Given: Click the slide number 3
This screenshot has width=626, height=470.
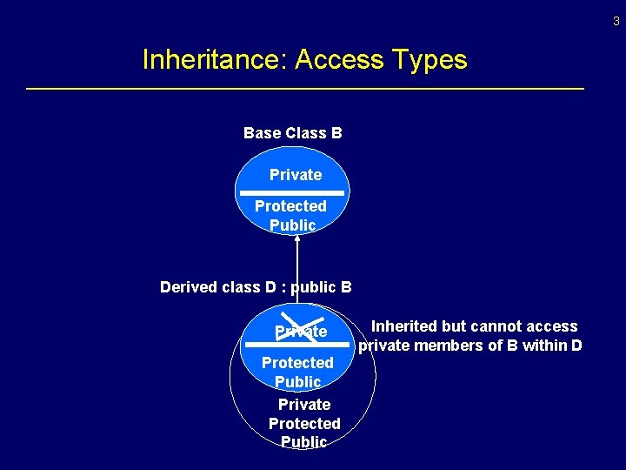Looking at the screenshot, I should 616,22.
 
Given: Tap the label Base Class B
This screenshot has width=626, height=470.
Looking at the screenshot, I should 292,133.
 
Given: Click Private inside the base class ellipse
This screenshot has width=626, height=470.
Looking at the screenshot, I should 296,175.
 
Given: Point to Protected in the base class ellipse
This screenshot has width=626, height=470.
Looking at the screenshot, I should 290,206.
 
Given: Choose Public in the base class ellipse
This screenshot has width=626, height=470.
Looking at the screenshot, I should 293,225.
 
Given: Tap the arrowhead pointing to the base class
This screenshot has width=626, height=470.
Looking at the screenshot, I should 297,239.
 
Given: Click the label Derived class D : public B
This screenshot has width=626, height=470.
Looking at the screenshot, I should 256,286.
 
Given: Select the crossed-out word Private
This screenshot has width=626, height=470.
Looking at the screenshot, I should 301,331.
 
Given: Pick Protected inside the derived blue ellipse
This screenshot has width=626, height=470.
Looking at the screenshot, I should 297,362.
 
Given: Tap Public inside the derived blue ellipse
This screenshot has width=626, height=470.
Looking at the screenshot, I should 297,381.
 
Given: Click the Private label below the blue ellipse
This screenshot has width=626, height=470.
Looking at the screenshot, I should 304,405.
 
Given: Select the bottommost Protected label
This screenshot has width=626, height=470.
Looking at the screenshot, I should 304,424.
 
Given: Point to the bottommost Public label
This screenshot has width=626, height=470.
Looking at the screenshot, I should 304,442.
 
